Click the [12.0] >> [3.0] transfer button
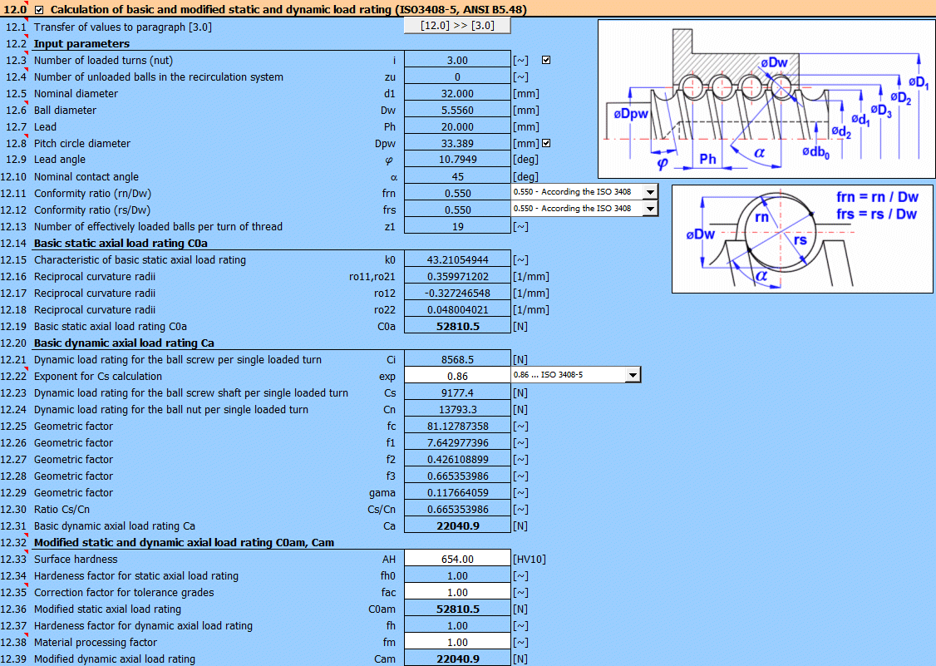456,26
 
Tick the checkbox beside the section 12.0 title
40,10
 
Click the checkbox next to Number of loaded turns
546,60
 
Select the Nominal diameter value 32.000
456,94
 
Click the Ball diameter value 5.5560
456,111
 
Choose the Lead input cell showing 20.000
456,127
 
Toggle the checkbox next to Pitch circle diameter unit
546,143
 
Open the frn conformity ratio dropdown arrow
649,192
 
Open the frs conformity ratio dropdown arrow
649,209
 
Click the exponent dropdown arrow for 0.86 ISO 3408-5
633,375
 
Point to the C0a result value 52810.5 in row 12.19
456,327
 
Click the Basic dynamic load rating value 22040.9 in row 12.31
456,526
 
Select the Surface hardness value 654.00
456,560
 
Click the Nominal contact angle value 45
456,177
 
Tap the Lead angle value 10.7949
456,160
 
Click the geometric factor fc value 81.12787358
456,427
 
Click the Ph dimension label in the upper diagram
707,159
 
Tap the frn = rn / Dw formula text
876,198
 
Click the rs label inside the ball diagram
800,240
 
